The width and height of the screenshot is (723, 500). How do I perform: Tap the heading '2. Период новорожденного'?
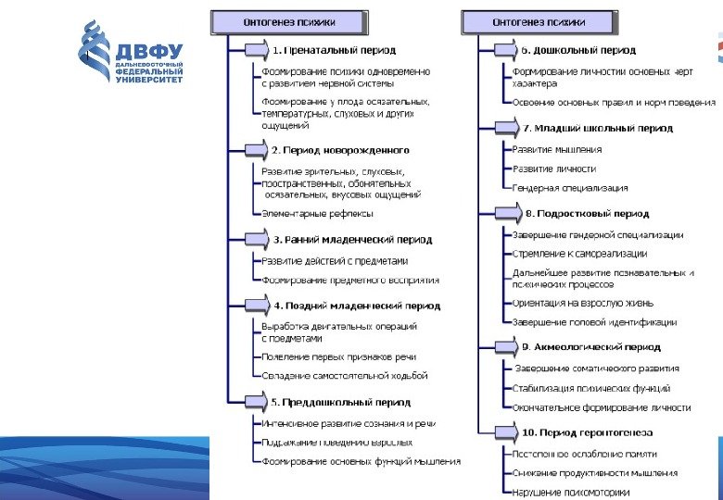[340, 149]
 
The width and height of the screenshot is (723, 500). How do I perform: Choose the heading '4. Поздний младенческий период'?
[357, 306]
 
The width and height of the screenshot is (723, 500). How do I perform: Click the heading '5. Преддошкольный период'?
[340, 403]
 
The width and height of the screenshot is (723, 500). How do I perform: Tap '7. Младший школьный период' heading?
[594, 128]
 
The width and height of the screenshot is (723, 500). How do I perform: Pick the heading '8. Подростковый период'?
[587, 213]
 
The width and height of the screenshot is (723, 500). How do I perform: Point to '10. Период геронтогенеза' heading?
[587, 432]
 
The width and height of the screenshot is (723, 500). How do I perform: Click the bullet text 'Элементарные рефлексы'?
[317, 214]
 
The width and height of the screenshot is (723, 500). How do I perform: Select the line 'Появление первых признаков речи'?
[338, 356]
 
